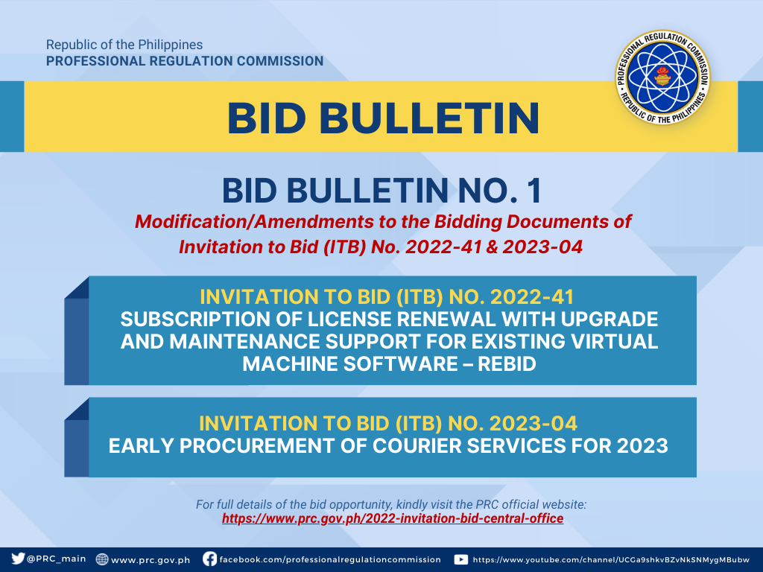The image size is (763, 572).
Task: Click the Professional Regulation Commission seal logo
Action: pyautogui.click(x=662, y=77)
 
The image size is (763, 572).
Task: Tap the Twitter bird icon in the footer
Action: pyautogui.click(x=18, y=559)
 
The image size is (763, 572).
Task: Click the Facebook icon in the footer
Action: pyautogui.click(x=209, y=559)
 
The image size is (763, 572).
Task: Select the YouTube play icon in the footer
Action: pyautogui.click(x=460, y=559)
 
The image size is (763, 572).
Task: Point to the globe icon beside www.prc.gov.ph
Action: pyautogui.click(x=101, y=559)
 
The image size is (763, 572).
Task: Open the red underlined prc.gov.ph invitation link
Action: pyautogui.click(x=393, y=518)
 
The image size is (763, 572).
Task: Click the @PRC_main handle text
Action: pyautogui.click(x=57, y=559)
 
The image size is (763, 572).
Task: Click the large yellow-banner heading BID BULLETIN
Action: pyautogui.click(x=383, y=118)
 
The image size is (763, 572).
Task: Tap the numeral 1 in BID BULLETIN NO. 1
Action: pyautogui.click(x=534, y=191)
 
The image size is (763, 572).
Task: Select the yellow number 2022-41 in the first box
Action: pyautogui.click(x=532, y=296)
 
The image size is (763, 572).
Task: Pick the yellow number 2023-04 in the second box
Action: pyautogui.click(x=533, y=423)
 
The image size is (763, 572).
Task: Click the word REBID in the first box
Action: pyautogui.click(x=507, y=363)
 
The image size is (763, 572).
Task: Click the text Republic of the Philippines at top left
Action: pyautogui.click(x=124, y=45)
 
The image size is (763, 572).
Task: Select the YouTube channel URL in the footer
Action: pyautogui.click(x=611, y=560)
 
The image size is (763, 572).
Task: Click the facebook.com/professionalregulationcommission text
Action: pyautogui.click(x=330, y=559)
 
